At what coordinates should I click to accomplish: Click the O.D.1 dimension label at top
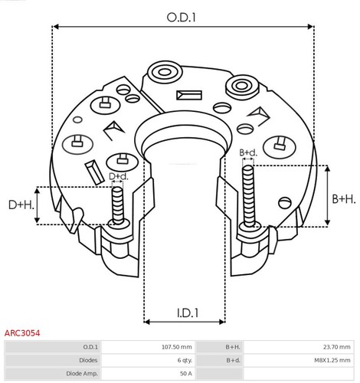point(182,15)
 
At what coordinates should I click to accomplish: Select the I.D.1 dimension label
point(184,313)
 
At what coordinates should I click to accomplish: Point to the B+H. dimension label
point(343,198)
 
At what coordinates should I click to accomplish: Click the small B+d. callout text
point(248,153)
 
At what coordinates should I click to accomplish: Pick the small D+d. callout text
point(118,177)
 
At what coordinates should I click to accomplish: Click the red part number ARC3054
point(22,333)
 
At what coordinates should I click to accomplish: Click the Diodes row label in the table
point(87,360)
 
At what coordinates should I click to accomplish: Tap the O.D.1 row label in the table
point(90,347)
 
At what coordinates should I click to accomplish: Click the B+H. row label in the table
point(233,347)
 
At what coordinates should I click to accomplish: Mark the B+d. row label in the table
point(233,360)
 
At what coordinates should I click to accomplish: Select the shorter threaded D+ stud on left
point(117,205)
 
